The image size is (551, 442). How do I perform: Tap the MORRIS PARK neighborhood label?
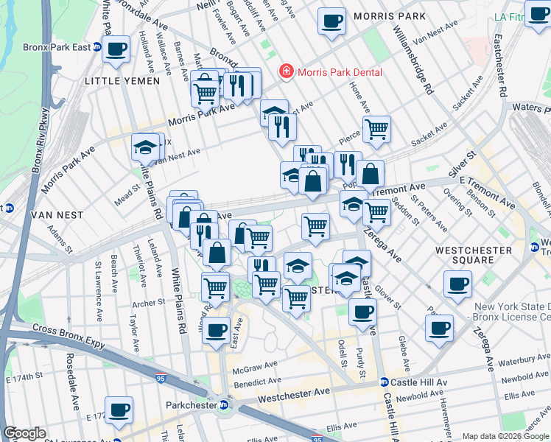389,15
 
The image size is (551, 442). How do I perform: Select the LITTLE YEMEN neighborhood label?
122,81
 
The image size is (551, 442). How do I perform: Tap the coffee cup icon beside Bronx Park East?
116,49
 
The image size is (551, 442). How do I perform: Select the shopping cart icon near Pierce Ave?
376,128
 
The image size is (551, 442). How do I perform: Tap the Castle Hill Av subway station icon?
384,382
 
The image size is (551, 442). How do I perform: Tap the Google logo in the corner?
25,433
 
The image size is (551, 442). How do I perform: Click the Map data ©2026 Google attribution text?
505,436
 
